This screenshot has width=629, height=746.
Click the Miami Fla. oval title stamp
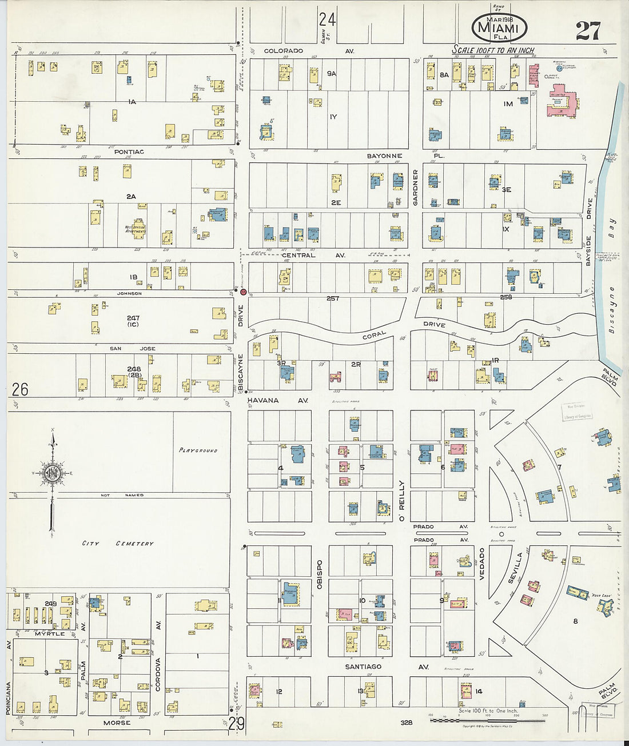(499, 28)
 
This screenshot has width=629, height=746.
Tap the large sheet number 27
(588, 30)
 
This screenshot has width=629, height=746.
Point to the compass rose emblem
(53, 473)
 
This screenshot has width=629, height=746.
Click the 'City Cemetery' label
(117, 543)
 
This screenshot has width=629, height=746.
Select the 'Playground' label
(198, 450)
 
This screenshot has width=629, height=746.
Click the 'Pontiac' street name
(129, 152)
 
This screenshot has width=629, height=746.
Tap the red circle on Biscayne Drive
(243, 292)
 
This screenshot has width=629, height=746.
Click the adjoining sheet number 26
(20, 389)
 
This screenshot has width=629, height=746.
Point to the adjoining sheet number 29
(236, 724)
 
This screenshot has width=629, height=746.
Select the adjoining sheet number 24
(327, 20)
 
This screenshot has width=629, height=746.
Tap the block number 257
(333, 298)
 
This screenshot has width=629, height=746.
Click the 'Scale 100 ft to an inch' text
(493, 50)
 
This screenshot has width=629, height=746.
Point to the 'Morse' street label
(117, 723)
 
